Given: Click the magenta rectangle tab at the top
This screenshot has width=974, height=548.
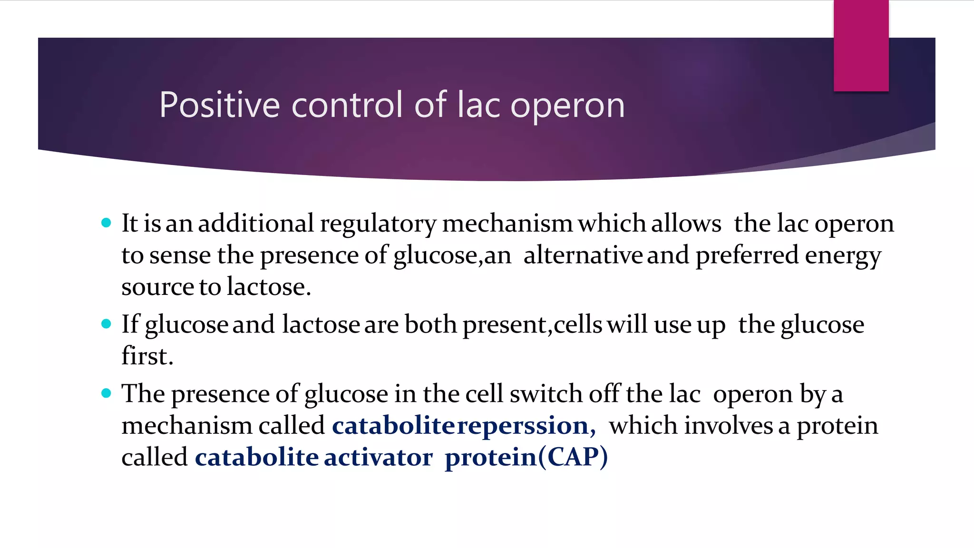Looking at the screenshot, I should [x=861, y=46].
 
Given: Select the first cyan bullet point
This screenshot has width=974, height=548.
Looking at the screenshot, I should [x=106, y=223].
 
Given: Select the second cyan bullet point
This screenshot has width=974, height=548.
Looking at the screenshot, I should [x=106, y=324].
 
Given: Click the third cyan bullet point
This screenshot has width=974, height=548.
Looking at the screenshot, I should [x=106, y=393].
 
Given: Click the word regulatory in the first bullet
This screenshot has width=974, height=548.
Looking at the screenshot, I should [x=378, y=224].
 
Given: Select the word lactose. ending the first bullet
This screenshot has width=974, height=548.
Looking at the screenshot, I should [x=269, y=286].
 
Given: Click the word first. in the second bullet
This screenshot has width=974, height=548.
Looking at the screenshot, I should [x=147, y=356].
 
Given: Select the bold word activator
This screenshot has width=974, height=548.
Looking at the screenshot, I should [x=378, y=457].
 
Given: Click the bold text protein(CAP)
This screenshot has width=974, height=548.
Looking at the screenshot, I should [x=526, y=458].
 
